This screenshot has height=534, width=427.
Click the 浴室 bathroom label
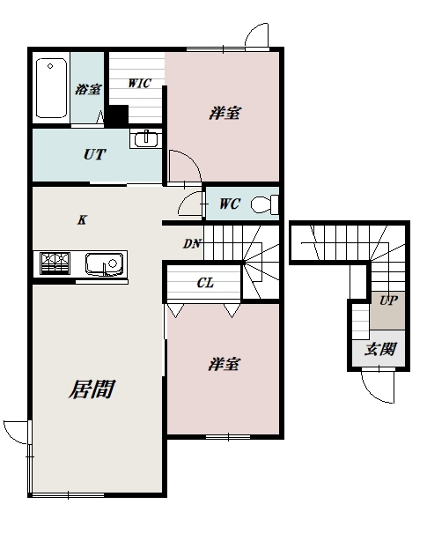click(87, 89)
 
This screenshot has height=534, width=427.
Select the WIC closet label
click(139, 84)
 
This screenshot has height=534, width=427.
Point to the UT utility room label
click(94, 154)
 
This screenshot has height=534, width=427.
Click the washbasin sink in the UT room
click(145, 139)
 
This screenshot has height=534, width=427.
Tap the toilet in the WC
click(263, 204)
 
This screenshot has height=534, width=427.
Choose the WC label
click(229, 205)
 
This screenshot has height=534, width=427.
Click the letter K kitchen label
click(81, 220)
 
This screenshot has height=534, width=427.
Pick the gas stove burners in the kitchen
click(55, 263)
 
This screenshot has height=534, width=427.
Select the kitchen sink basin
click(105, 263)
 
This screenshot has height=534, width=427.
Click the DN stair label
click(192, 244)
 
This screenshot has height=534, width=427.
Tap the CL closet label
click(205, 283)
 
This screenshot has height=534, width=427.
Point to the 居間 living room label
click(92, 389)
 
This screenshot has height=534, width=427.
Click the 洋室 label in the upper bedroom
click(225, 113)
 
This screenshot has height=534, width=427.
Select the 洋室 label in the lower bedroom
click(225, 364)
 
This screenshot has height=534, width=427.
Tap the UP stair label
click(387, 300)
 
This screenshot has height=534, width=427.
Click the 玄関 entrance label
click(380, 349)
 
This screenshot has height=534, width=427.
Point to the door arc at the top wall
click(258, 35)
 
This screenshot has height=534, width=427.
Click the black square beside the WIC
click(117, 115)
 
